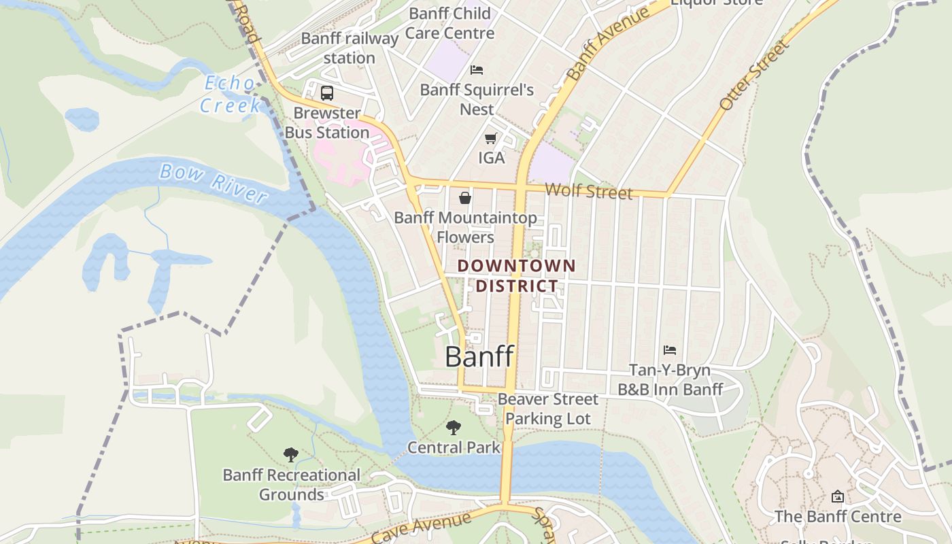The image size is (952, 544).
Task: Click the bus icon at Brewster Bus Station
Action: click(327, 93)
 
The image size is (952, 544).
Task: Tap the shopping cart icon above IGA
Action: click(490, 139)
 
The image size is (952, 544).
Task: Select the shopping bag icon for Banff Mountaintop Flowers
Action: click(465, 198)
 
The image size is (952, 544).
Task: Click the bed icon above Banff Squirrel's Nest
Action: click(477, 70)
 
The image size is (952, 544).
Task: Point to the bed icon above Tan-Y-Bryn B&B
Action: click(670, 350)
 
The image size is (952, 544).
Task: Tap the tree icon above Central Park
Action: click(454, 428)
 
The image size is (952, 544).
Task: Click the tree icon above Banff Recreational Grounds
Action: click(291, 454)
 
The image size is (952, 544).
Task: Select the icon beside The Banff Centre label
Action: click(838, 496)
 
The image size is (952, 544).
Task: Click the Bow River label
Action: click(213, 182)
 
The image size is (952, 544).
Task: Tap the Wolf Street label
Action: click(588, 191)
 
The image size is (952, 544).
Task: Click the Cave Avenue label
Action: click(422, 528)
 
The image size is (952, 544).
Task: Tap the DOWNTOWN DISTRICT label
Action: click(517, 275)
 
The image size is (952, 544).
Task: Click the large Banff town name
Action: click(479, 356)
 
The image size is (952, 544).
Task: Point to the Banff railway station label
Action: click(350, 48)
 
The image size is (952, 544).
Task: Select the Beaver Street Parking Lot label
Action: click(548, 409)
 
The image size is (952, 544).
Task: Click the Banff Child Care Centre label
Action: click(449, 22)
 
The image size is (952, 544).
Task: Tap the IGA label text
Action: click(492, 158)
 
